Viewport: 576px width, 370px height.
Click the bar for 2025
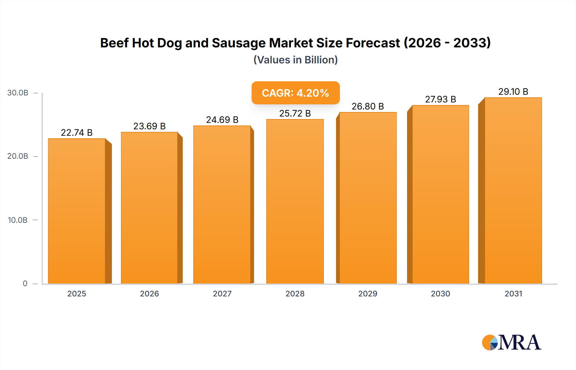[77, 211]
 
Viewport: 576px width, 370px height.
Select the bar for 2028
[295, 202]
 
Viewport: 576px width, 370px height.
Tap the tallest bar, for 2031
[513, 190]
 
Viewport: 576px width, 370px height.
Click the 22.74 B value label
[77, 133]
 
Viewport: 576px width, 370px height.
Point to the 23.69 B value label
[149, 126]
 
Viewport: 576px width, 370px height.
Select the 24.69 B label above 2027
[222, 120]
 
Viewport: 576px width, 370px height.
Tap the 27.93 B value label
[440, 99]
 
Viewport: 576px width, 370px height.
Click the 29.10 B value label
[513, 92]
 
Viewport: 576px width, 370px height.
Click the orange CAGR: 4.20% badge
[295, 93]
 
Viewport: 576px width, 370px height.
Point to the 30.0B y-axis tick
[18, 93]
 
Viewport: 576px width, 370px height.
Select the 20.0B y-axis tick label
[18, 156]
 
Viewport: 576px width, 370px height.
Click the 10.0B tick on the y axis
[18, 220]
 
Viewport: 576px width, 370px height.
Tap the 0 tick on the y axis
[25, 283]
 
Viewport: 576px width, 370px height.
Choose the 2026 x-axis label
[149, 294]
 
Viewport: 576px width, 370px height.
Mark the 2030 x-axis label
[440, 294]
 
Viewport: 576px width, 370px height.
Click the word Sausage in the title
[239, 43]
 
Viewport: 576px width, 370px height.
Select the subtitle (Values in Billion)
[295, 60]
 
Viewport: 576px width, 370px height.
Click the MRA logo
[511, 342]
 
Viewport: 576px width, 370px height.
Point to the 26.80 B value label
[368, 106]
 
